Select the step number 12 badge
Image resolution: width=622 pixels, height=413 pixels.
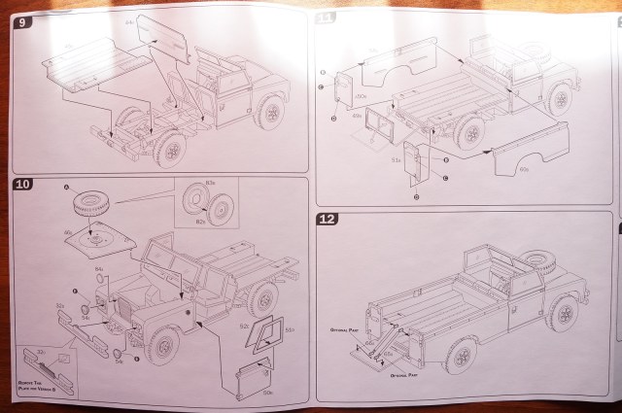(x=328, y=220)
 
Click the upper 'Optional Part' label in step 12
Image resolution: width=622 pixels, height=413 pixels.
(x=345, y=328)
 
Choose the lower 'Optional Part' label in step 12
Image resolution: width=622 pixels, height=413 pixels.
(x=403, y=373)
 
